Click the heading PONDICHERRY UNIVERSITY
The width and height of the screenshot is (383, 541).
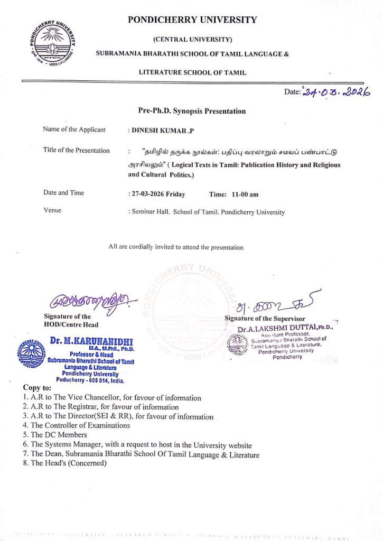tap(192, 20)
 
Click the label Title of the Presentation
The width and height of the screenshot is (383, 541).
tap(77, 151)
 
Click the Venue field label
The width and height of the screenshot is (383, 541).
tap(52, 210)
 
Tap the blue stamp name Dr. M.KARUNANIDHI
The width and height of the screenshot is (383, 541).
tap(92, 341)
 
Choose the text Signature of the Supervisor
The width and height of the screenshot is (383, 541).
tap(265, 319)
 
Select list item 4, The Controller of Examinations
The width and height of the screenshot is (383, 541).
tap(77, 425)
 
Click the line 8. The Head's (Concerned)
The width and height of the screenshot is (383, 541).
tap(65, 463)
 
